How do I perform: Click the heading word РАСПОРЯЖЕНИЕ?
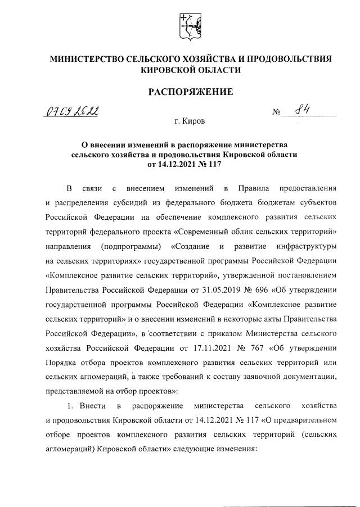pyautogui.click(x=190, y=92)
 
